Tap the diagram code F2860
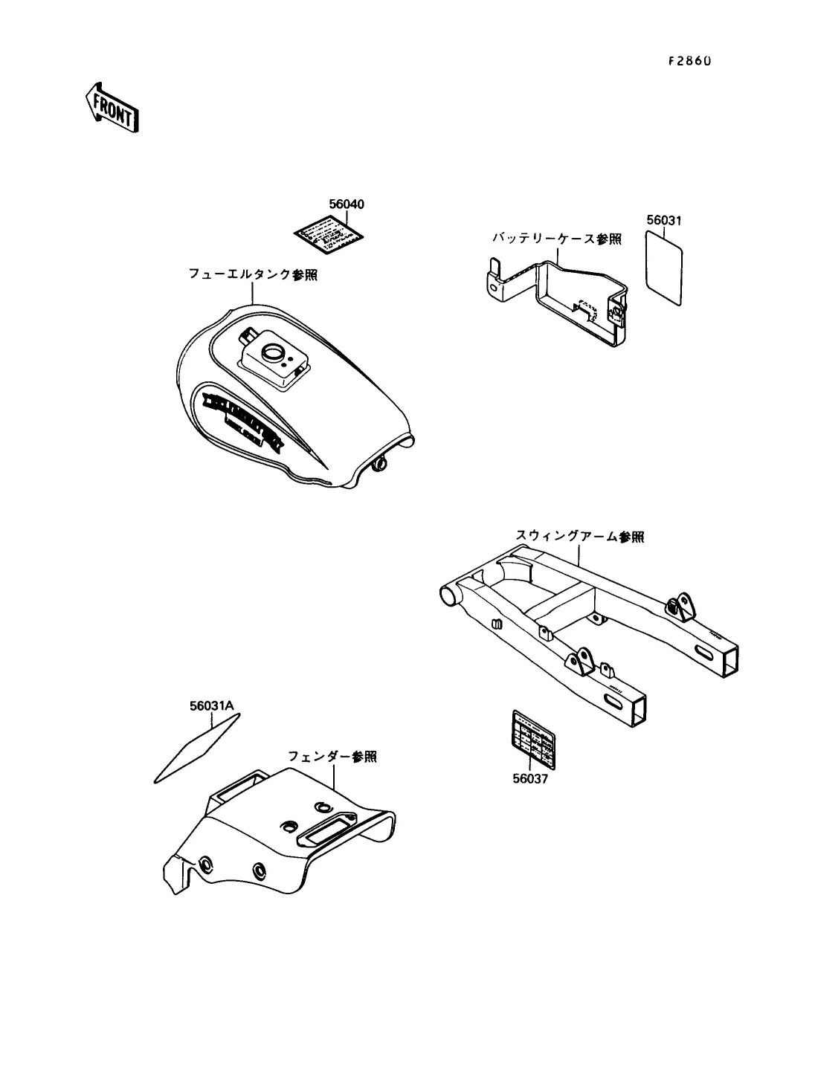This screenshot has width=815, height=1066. pos(689,62)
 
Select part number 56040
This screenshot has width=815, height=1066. pos(347,204)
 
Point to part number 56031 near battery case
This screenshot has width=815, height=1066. pos(664,221)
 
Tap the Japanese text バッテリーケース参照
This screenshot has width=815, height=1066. pos(556,239)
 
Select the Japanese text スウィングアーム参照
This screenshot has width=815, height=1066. pos(580,536)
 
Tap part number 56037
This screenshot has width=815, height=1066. pos(530,779)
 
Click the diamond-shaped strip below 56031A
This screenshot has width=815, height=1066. pos(196,748)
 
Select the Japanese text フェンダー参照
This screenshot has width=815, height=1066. pos(332,757)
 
